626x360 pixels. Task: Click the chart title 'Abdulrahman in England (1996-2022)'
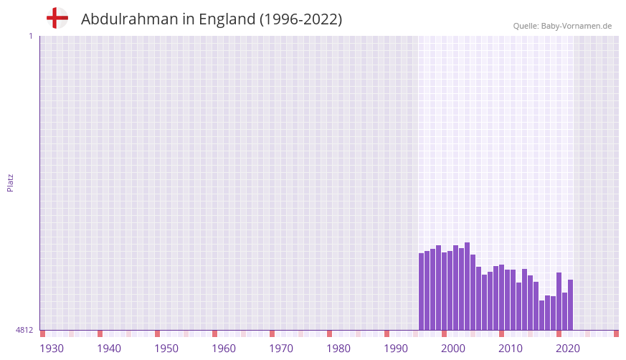click(212, 19)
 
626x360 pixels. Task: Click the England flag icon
click(57, 18)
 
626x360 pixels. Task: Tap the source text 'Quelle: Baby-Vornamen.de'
click(562, 26)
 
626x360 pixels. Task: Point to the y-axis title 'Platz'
click(10, 182)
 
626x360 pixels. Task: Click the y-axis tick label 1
click(30, 36)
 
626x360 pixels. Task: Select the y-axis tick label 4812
click(24, 330)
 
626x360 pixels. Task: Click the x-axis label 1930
click(52, 349)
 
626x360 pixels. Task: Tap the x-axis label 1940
click(109, 349)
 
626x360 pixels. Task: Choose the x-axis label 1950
click(166, 349)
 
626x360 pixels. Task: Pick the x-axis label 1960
click(224, 349)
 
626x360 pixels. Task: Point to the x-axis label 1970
click(281, 349)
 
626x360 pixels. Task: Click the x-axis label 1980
click(338, 349)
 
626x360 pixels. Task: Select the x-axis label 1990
click(396, 349)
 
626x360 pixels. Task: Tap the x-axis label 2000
click(453, 349)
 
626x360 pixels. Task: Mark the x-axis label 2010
click(511, 349)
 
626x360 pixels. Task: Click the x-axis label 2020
click(568, 349)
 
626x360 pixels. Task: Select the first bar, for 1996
click(422, 291)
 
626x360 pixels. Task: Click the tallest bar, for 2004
click(468, 286)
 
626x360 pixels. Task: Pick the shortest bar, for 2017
click(542, 315)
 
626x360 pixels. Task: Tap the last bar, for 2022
click(571, 305)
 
